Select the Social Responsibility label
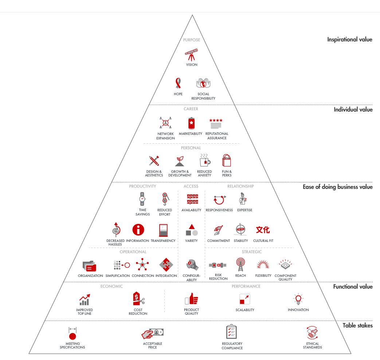point(204,96)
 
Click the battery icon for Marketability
point(191,123)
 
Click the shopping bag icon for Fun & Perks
point(226,160)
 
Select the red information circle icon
point(137,230)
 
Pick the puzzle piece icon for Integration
point(166,264)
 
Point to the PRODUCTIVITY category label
point(142,186)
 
